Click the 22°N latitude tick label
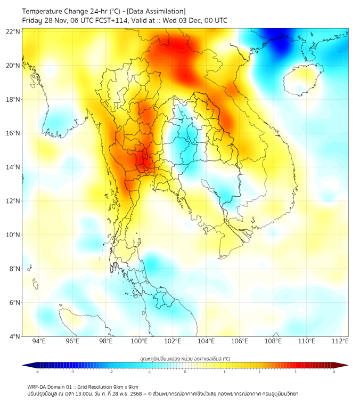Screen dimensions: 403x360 (13, 32)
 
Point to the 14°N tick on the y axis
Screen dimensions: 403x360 (13, 167)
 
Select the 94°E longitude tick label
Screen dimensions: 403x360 (39, 341)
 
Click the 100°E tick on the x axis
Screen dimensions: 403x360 (140, 341)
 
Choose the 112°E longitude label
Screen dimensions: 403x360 (340, 341)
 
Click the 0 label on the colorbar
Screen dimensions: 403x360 (185, 372)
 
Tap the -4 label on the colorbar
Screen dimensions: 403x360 (37, 372)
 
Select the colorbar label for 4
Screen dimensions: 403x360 (334, 372)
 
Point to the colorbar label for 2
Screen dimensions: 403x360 (259, 372)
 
